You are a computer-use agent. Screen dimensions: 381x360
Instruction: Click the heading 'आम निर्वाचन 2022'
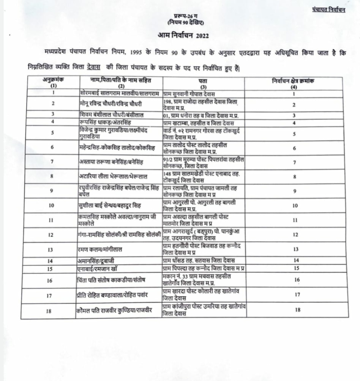[183, 35]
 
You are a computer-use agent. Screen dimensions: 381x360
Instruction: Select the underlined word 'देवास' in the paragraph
[93, 67]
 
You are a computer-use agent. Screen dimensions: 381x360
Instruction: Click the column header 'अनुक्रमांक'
[53, 80]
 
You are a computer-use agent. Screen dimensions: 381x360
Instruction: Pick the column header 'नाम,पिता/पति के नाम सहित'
[121, 80]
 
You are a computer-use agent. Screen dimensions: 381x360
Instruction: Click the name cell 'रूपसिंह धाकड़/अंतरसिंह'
[105, 123]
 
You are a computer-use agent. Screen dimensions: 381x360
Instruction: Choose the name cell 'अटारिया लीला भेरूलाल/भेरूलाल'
[113, 177]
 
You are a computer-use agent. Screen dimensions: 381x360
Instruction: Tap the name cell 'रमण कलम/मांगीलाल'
[99, 249]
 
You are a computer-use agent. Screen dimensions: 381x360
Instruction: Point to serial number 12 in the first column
[51, 234]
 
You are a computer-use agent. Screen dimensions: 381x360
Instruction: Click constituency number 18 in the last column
[297, 310]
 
